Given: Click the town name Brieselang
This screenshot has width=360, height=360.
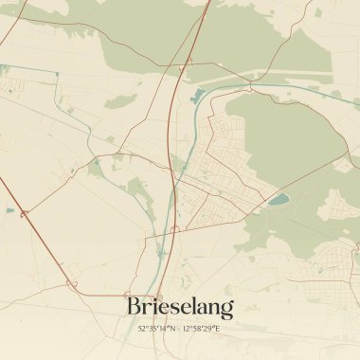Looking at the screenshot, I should tap(180, 307).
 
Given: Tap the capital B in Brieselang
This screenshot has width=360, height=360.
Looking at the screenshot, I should tap(135, 307).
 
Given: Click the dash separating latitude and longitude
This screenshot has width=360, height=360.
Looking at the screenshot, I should tap(178, 328).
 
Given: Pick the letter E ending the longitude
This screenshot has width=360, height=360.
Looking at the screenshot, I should tap(218, 328).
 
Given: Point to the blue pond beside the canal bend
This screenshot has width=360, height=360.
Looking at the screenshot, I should tap(198, 95).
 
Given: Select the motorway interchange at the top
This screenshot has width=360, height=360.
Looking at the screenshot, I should tap(189, 61).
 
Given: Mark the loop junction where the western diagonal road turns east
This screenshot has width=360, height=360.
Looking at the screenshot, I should tap(71, 282).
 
